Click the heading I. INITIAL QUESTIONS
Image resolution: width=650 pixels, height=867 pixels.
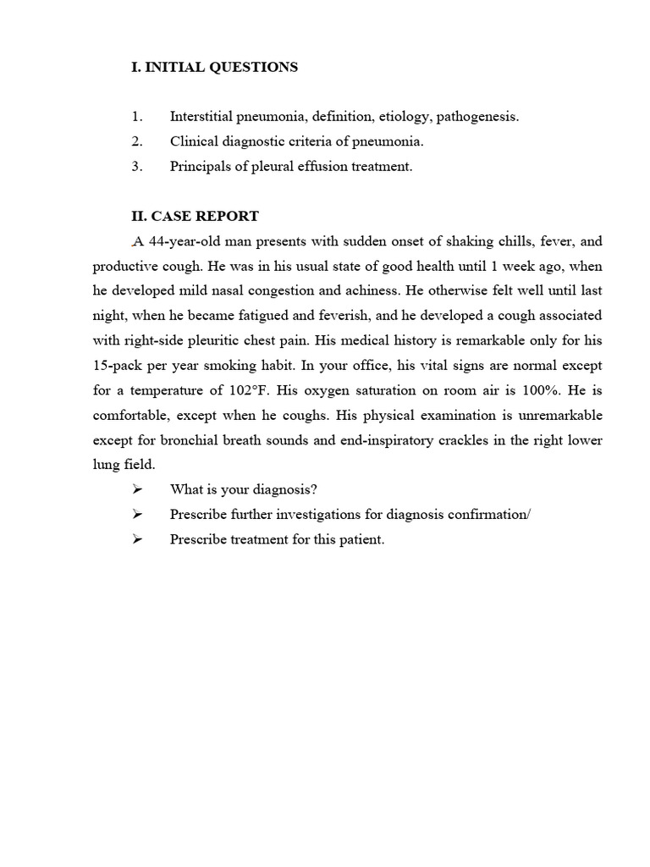pos(214,67)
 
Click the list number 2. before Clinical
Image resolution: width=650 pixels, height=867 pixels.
pos(137,141)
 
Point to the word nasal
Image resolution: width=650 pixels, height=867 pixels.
pos(262,290)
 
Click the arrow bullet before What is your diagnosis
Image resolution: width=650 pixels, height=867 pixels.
pos(138,489)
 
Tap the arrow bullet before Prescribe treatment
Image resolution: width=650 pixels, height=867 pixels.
pos(138,539)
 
